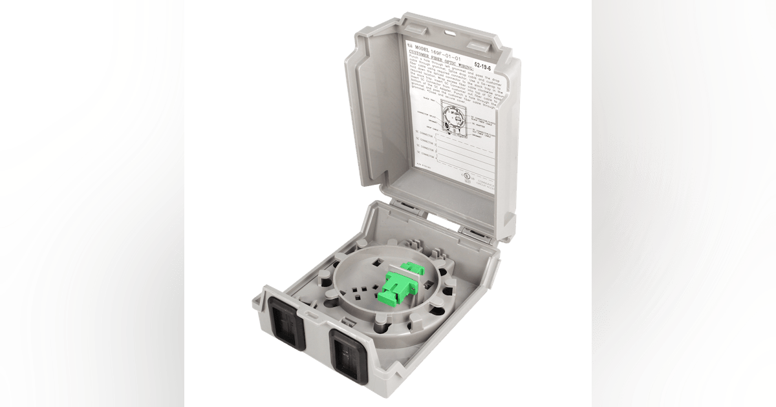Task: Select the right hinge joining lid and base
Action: click(476, 230)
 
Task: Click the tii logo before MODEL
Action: click(409, 45)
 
